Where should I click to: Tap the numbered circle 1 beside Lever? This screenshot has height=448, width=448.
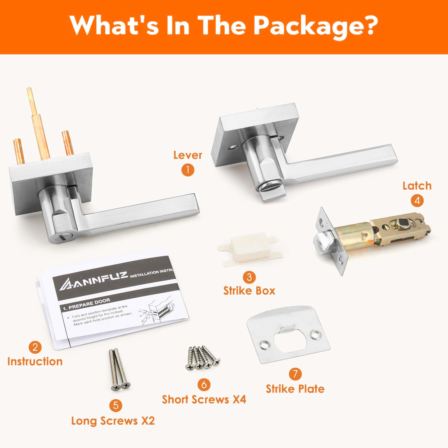[188, 170]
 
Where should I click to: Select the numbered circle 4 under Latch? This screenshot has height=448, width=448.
[417, 200]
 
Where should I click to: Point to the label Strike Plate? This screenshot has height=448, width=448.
[295, 389]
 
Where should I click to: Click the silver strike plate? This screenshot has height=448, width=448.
[288, 335]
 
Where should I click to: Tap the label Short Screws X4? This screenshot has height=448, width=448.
[204, 399]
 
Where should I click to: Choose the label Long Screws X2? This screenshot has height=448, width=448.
[113, 421]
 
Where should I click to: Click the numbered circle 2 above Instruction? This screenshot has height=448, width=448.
[35, 347]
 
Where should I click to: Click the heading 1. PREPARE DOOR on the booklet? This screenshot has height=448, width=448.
[86, 304]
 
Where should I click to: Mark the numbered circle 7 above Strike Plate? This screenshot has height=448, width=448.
[295, 374]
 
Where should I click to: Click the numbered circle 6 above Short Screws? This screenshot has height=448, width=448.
[204, 384]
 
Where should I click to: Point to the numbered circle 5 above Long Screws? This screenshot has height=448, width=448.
[116, 405]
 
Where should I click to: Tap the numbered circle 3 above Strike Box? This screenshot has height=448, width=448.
[249, 277]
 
